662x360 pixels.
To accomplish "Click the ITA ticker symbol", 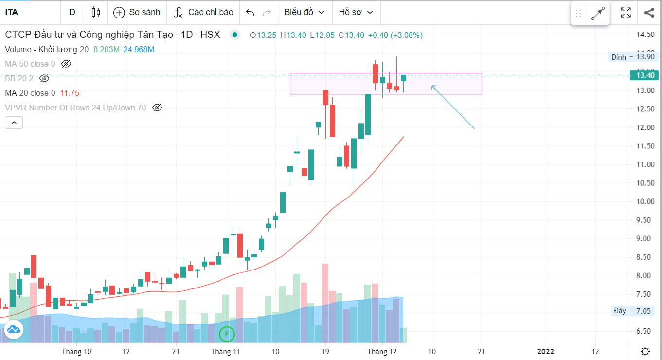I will pyautogui.click(x=12, y=13).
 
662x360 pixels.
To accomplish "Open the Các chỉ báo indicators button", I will pyautogui.click(x=204, y=13).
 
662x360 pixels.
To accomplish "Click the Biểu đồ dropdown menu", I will pyautogui.click(x=304, y=13).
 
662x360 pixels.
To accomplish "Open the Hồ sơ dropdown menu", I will pyautogui.click(x=356, y=13).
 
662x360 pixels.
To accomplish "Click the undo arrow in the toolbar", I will pyautogui.click(x=250, y=13).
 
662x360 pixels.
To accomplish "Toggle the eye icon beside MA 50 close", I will pyautogui.click(x=66, y=64).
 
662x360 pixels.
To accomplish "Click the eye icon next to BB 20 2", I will pyautogui.click(x=44, y=78).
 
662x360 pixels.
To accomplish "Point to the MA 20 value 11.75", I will pyautogui.click(x=69, y=93).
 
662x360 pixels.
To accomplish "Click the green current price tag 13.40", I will pyautogui.click(x=645, y=75).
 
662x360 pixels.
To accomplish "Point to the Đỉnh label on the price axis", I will pyautogui.click(x=619, y=57).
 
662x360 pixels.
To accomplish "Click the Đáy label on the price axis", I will pyautogui.click(x=620, y=311).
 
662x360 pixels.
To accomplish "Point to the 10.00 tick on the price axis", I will pyautogui.click(x=645, y=201).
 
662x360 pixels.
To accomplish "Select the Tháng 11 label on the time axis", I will pyautogui.click(x=226, y=352).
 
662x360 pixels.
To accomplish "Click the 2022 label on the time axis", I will pyautogui.click(x=545, y=352).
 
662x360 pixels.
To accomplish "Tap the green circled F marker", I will pyautogui.click(x=227, y=334).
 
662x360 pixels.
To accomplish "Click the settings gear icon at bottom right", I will pyautogui.click(x=645, y=352).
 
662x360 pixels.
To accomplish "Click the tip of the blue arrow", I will pyautogui.click(x=432, y=86).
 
